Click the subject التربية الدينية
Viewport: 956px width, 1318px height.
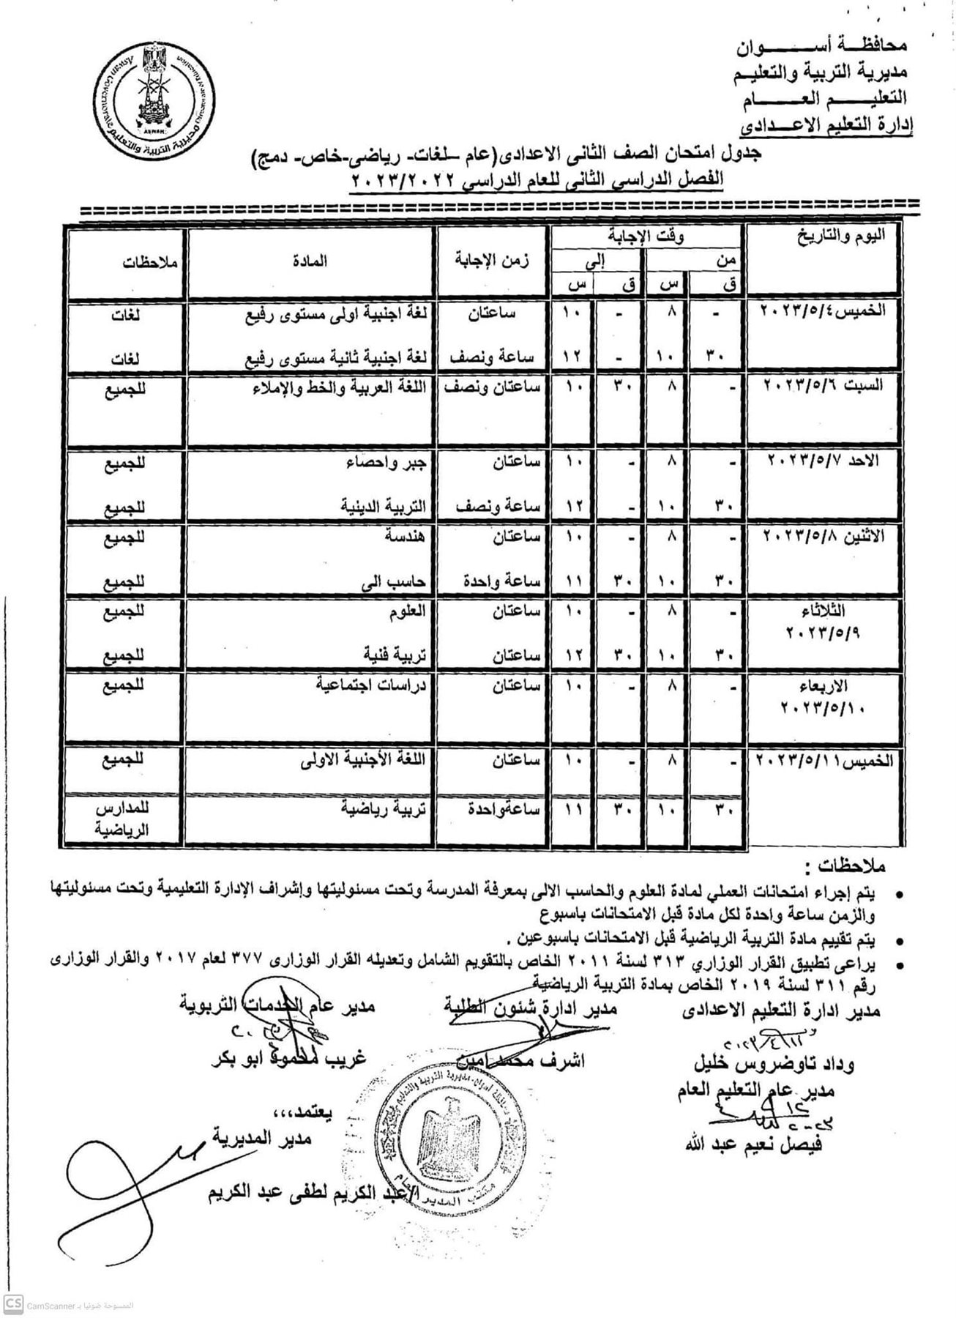(x=384, y=506)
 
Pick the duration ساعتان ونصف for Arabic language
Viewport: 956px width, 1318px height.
(x=496, y=387)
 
